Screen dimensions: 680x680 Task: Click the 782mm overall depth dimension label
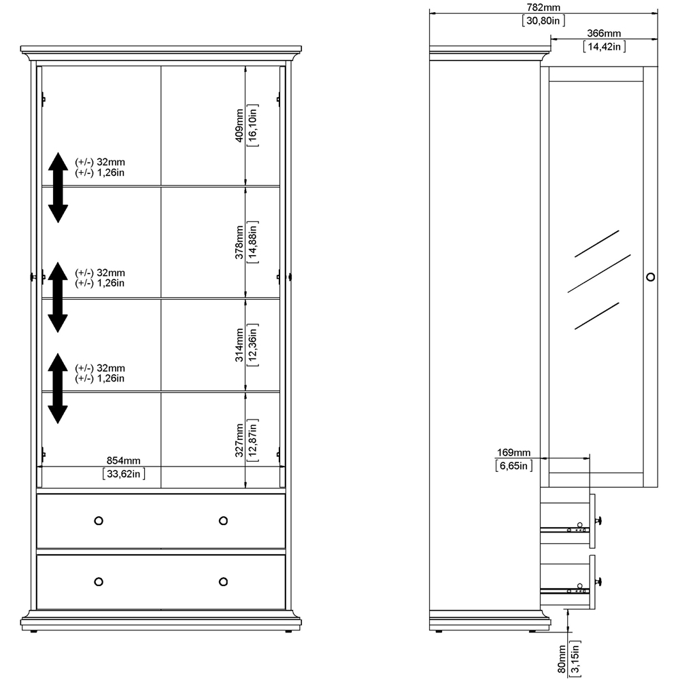click(543, 7)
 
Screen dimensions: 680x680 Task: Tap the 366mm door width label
click(604, 33)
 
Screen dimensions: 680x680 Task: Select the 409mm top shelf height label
click(239, 126)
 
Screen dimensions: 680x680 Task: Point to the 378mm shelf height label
click(239, 243)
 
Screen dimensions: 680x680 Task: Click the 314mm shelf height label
click(239, 345)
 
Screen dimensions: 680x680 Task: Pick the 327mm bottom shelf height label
click(239, 441)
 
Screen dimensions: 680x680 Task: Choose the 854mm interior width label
click(124, 460)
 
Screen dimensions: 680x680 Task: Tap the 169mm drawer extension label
click(513, 453)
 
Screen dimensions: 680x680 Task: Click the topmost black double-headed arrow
click(58, 188)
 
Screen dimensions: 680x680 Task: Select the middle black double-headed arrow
click(58, 297)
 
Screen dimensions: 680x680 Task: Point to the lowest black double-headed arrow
click(58, 388)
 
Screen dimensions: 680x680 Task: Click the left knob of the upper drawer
click(99, 520)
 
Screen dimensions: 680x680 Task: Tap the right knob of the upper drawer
click(223, 520)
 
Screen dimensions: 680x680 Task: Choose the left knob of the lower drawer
click(99, 581)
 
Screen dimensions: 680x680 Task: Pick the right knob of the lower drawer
click(223, 581)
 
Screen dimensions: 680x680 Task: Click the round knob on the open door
click(651, 277)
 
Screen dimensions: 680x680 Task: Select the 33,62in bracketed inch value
click(124, 473)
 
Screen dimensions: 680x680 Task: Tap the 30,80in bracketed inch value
click(543, 20)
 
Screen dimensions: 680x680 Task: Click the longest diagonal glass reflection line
click(599, 273)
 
